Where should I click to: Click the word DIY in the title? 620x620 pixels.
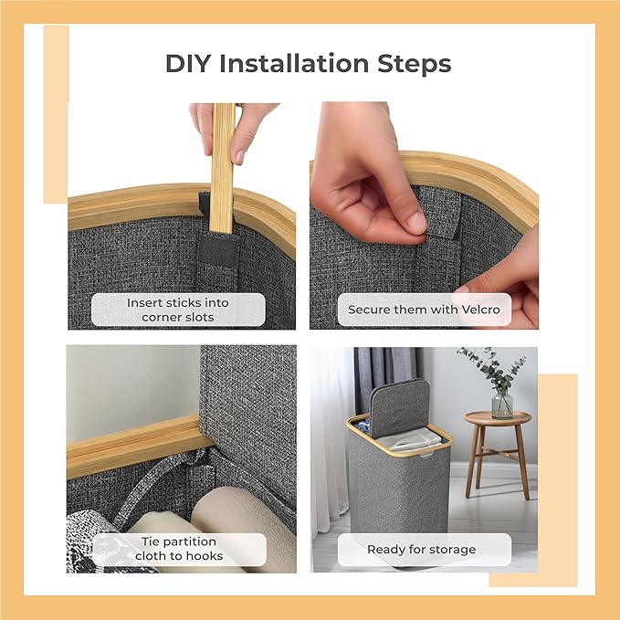(188, 64)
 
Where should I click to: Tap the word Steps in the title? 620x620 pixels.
(414, 65)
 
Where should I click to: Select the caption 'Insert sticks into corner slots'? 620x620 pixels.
(178, 310)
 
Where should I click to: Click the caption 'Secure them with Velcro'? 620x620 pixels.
(424, 310)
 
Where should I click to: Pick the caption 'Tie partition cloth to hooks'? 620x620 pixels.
(179, 549)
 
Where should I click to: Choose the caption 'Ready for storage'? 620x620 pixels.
(422, 549)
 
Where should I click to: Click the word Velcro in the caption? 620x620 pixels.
(481, 310)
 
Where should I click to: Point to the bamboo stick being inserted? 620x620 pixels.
(222, 168)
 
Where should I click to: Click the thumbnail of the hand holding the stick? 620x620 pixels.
(182, 215)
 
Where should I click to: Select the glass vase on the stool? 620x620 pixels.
(502, 405)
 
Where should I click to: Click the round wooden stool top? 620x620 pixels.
(497, 417)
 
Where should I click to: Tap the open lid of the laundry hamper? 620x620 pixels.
(399, 407)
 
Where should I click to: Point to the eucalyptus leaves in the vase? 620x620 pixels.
(491, 369)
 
